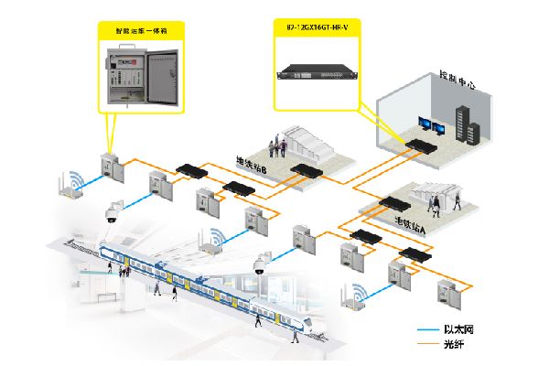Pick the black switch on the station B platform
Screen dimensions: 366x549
(302, 170)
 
